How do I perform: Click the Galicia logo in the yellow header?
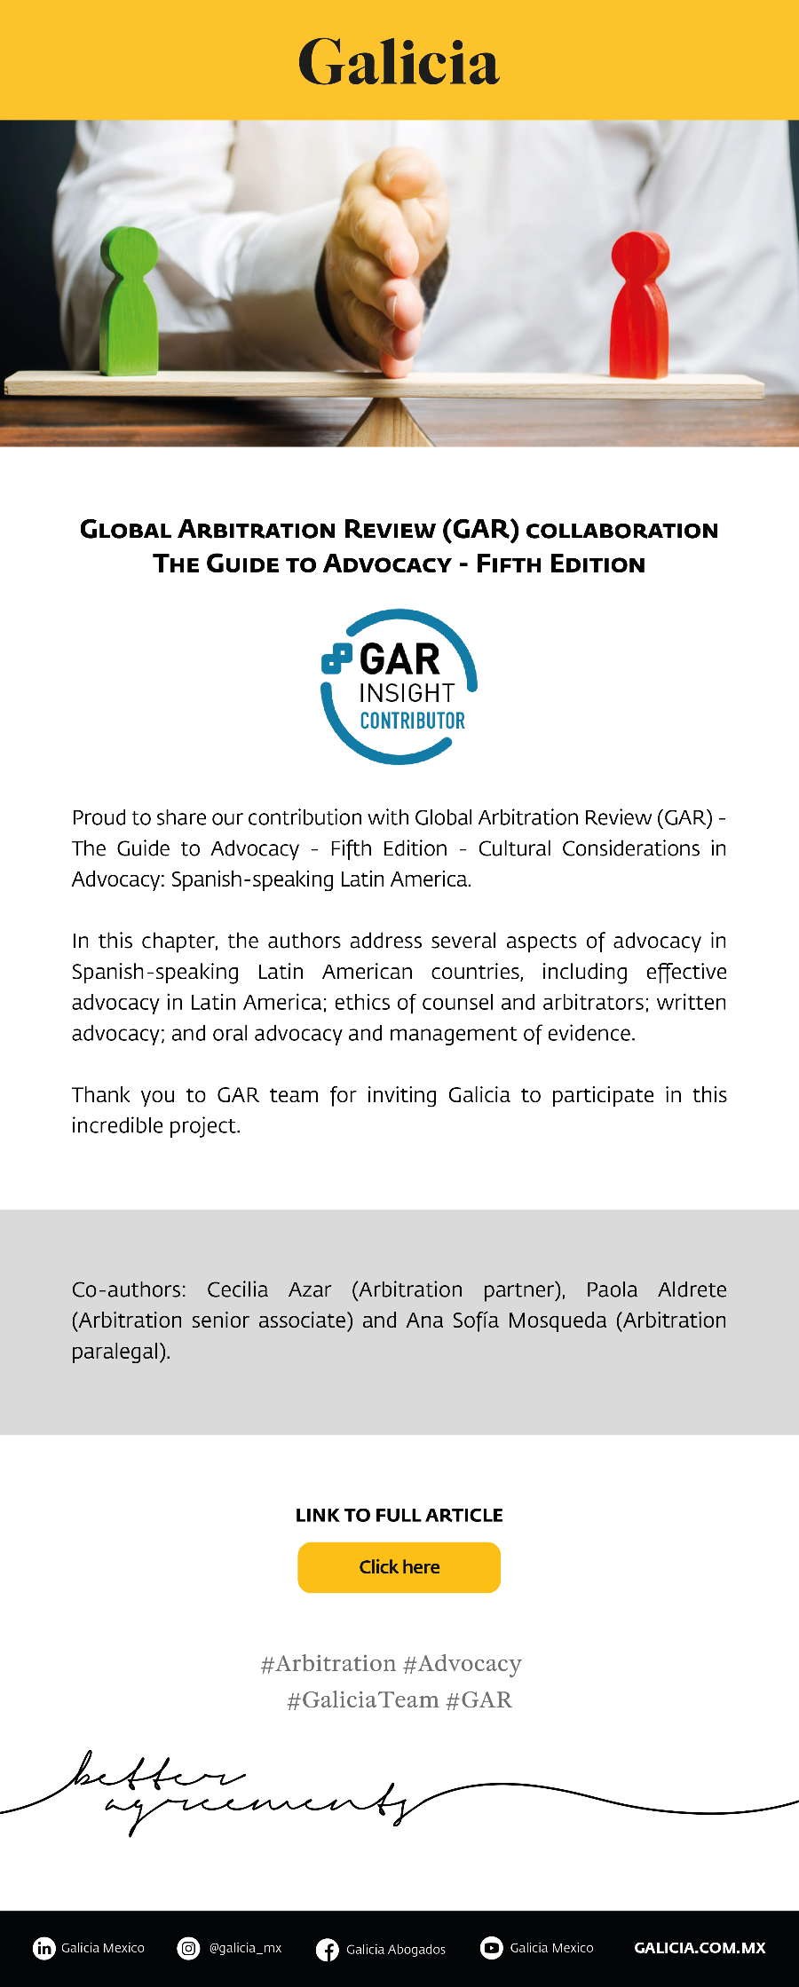(399, 61)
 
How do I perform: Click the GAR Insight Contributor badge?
(399, 687)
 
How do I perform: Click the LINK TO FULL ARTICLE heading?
(399, 1515)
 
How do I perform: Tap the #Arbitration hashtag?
(328, 1663)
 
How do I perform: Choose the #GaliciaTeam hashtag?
(362, 1699)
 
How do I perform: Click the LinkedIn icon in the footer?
(44, 1948)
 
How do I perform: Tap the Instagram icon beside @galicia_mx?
(188, 1948)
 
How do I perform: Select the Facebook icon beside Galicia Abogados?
(327, 1949)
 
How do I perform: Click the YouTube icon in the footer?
(491, 1948)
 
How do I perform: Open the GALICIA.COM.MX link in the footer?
(700, 1948)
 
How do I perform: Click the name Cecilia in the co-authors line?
(237, 1289)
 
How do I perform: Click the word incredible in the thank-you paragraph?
(117, 1125)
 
